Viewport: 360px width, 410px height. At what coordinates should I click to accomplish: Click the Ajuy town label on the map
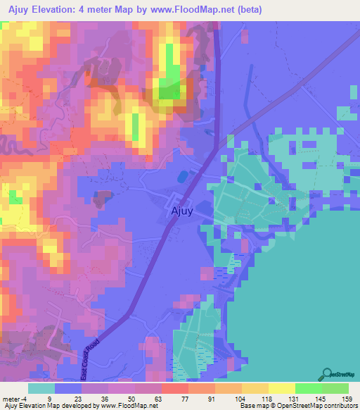click(x=182, y=211)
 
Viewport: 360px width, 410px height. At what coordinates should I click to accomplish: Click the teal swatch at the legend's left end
click(x=41, y=388)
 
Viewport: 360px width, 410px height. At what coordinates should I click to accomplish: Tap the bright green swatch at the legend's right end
click(x=335, y=388)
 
